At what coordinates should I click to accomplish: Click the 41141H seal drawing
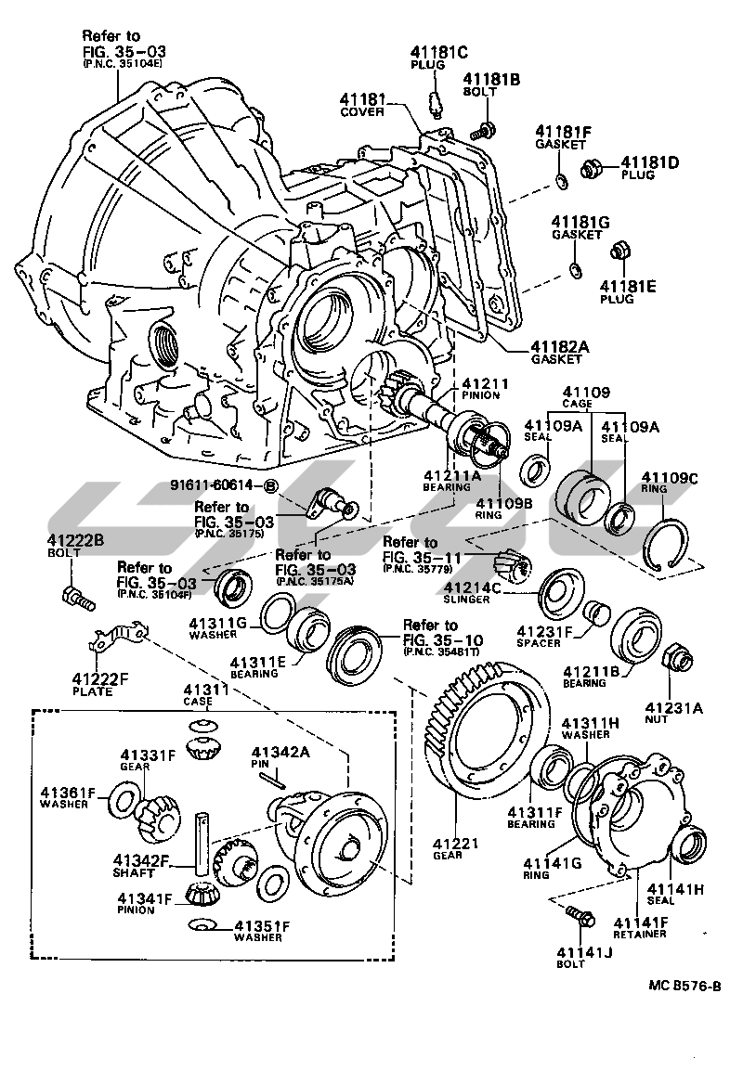(688, 845)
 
